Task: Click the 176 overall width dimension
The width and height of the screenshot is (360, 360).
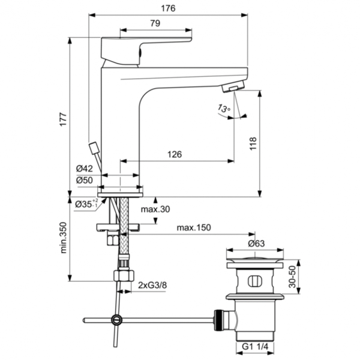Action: [169, 8]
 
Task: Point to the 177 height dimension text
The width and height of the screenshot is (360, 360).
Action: [62, 119]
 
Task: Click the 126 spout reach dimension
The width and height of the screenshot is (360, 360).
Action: [173, 154]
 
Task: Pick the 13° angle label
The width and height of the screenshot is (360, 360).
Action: [224, 109]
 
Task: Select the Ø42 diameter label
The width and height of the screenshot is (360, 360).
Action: [85, 169]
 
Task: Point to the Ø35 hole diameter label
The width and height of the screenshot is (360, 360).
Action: [86, 204]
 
